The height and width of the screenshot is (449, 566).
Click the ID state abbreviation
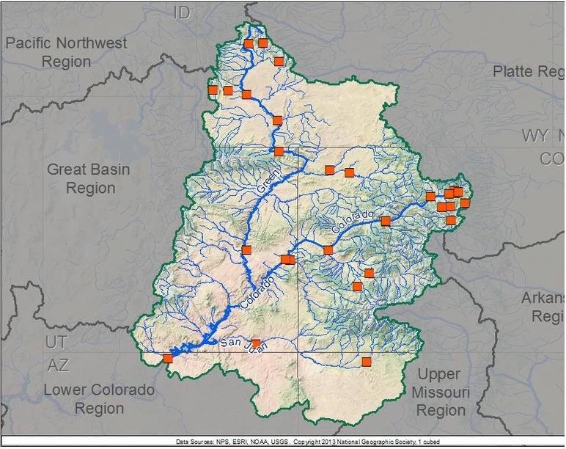pos(182,13)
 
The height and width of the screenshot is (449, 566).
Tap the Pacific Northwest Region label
pos(66,52)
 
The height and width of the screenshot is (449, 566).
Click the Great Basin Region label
pos(89,178)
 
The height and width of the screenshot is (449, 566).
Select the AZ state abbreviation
pos(59,365)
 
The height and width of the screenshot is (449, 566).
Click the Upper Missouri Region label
pos(440,393)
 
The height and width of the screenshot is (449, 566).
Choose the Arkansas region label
pos(543,307)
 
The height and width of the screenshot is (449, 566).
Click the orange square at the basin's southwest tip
pos(168,358)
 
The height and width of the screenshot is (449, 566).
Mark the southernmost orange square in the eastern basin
pos(367,361)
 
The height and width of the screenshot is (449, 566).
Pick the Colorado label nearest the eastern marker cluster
pos(353,223)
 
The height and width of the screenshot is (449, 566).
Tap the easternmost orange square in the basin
pos(465,203)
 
